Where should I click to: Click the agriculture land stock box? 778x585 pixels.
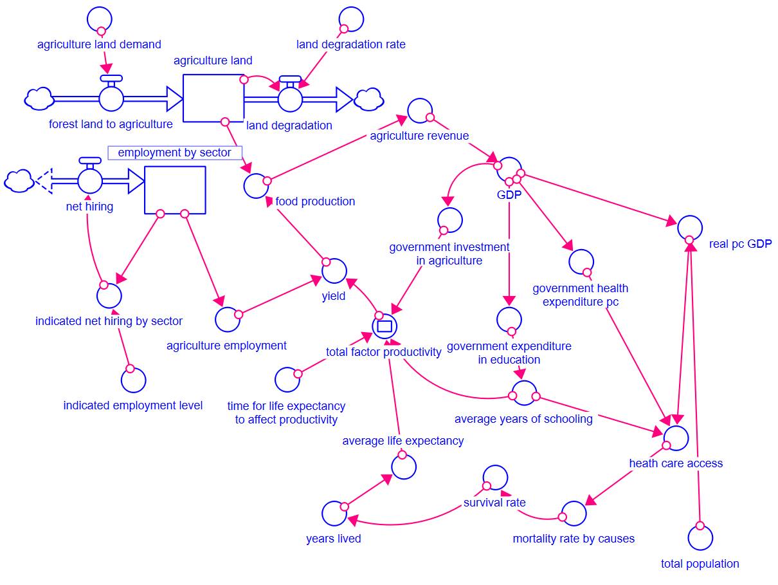pyautogui.click(x=213, y=98)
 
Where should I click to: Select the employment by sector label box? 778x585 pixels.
pyautogui.click(x=175, y=153)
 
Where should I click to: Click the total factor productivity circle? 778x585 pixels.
pyautogui.click(x=384, y=326)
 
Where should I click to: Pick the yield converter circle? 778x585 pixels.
pyautogui.click(x=334, y=271)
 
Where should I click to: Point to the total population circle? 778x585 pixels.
pyautogui.click(x=700, y=537)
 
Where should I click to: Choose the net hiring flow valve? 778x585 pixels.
pyautogui.click(x=89, y=180)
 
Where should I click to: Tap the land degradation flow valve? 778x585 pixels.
pyautogui.click(x=290, y=99)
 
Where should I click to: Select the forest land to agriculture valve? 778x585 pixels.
pyautogui.click(x=111, y=99)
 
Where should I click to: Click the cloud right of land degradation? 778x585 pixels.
pyautogui.click(x=369, y=99)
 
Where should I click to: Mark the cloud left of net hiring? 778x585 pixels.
pyautogui.click(x=19, y=180)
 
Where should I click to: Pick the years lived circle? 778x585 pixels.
pyautogui.click(x=335, y=514)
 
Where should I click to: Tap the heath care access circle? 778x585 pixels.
pyautogui.click(x=676, y=438)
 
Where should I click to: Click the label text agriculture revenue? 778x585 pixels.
pyautogui.click(x=419, y=136)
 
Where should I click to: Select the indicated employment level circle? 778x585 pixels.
pyautogui.click(x=133, y=380)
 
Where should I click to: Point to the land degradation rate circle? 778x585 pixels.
pyautogui.click(x=351, y=19)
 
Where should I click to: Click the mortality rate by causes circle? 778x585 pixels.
pyautogui.click(x=574, y=514)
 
